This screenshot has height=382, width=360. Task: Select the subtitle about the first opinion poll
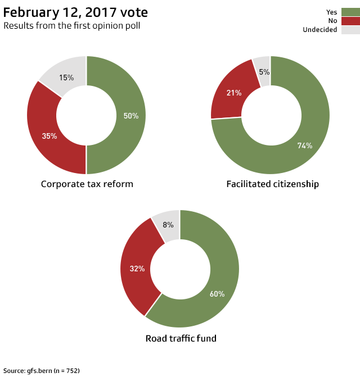(72, 26)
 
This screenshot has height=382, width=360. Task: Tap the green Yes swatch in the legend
(350, 12)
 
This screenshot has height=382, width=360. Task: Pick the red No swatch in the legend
(350, 21)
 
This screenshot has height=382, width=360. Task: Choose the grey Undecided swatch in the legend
(350, 30)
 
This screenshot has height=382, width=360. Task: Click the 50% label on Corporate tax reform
(131, 116)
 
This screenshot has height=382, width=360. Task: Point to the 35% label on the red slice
(49, 136)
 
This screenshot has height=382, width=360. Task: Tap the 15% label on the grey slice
(66, 78)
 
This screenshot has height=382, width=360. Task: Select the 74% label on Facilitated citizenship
(305, 145)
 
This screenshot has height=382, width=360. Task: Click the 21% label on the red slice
(234, 93)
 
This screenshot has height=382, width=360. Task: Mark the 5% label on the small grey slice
(264, 72)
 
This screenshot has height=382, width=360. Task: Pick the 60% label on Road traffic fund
(217, 294)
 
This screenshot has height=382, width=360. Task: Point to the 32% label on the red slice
(137, 269)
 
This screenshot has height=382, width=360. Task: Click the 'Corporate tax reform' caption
(87, 184)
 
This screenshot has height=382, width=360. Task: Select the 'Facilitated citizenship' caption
(272, 184)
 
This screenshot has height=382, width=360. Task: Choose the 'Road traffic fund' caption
(181, 338)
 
